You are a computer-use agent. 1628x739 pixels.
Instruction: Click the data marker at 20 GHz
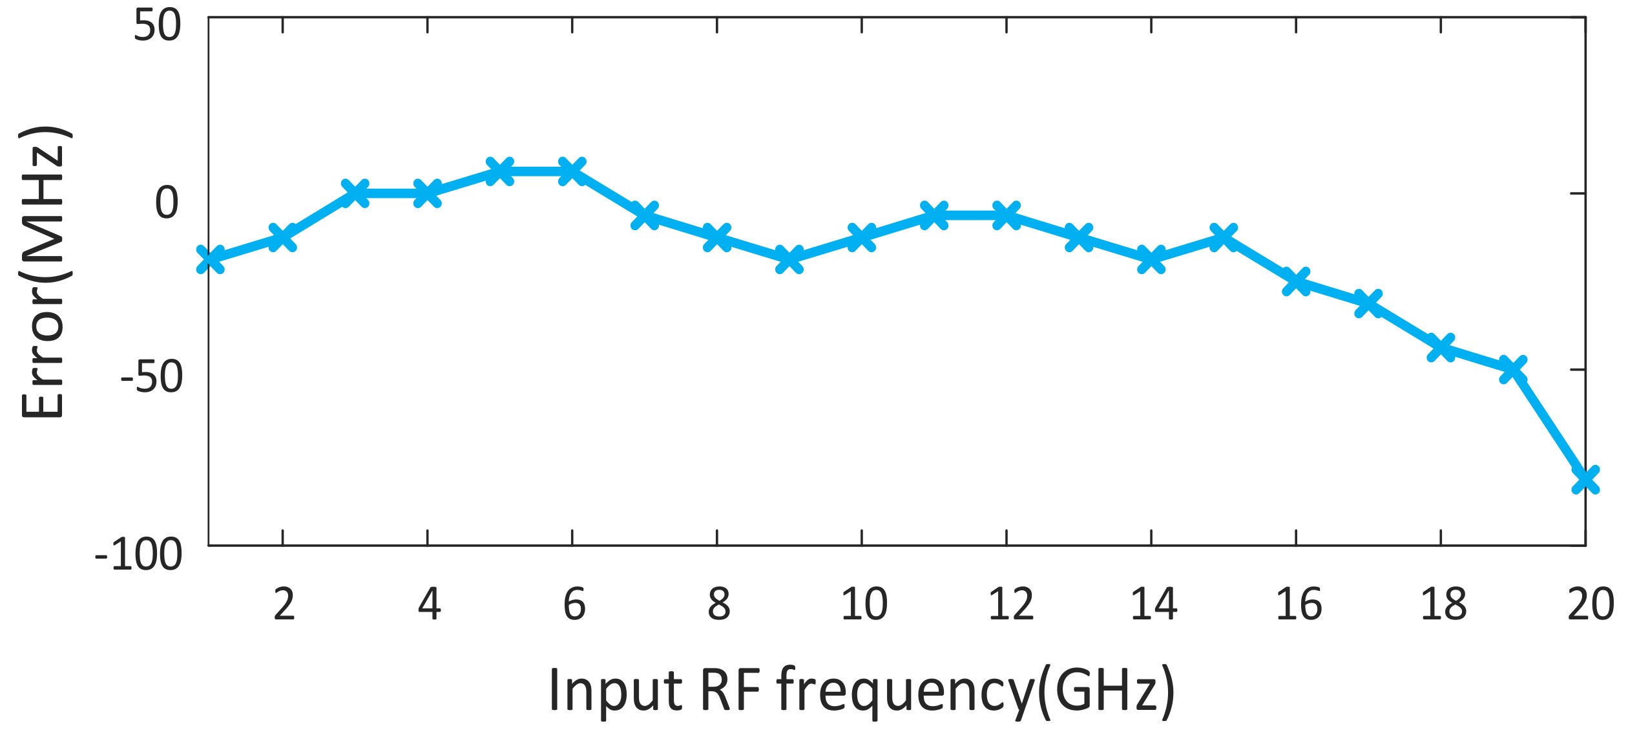point(1585,480)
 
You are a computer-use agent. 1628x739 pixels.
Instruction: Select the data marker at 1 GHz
point(210,260)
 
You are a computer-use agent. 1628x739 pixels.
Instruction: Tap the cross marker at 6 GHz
point(572,171)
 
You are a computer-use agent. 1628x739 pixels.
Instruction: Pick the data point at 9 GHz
point(789,260)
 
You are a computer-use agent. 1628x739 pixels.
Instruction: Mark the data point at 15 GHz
point(1223,237)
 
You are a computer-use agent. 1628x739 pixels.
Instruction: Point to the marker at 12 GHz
point(1006,215)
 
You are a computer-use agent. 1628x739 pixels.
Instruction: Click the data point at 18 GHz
point(1440,348)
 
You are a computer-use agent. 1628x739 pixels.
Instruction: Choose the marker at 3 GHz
point(355,193)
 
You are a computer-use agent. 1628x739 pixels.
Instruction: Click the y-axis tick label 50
point(157,27)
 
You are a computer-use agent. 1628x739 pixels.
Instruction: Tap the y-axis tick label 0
point(167,203)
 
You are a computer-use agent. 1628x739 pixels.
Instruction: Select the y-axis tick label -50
point(152,378)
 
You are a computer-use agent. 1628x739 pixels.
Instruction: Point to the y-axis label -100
point(139,555)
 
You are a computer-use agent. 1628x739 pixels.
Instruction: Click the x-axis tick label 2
point(284,605)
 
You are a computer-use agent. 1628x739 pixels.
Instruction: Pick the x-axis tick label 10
point(864,605)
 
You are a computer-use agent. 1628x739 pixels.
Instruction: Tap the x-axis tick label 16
point(1299,605)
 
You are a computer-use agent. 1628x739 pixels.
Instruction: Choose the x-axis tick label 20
point(1590,605)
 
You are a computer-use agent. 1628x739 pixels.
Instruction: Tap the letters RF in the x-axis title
point(730,689)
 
